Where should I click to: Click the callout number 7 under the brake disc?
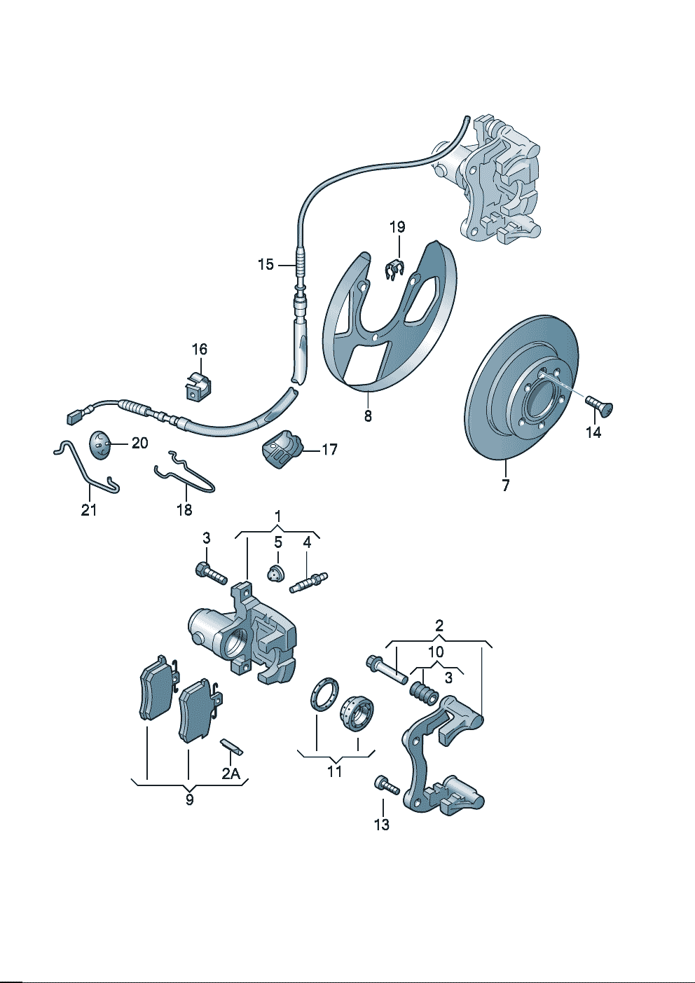pos(506,485)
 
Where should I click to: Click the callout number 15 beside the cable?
pos(266,265)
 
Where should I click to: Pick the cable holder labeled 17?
pos(282,449)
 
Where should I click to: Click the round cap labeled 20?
pos(100,444)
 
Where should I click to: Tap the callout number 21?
pos(89,510)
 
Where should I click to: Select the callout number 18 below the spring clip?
pos(184,510)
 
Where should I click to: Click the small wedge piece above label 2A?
pos(231,747)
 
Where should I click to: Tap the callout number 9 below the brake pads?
pos(190,800)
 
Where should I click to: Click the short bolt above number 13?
pos(387,785)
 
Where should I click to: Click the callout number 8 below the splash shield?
pos(368,416)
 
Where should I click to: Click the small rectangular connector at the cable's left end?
pos(73,418)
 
